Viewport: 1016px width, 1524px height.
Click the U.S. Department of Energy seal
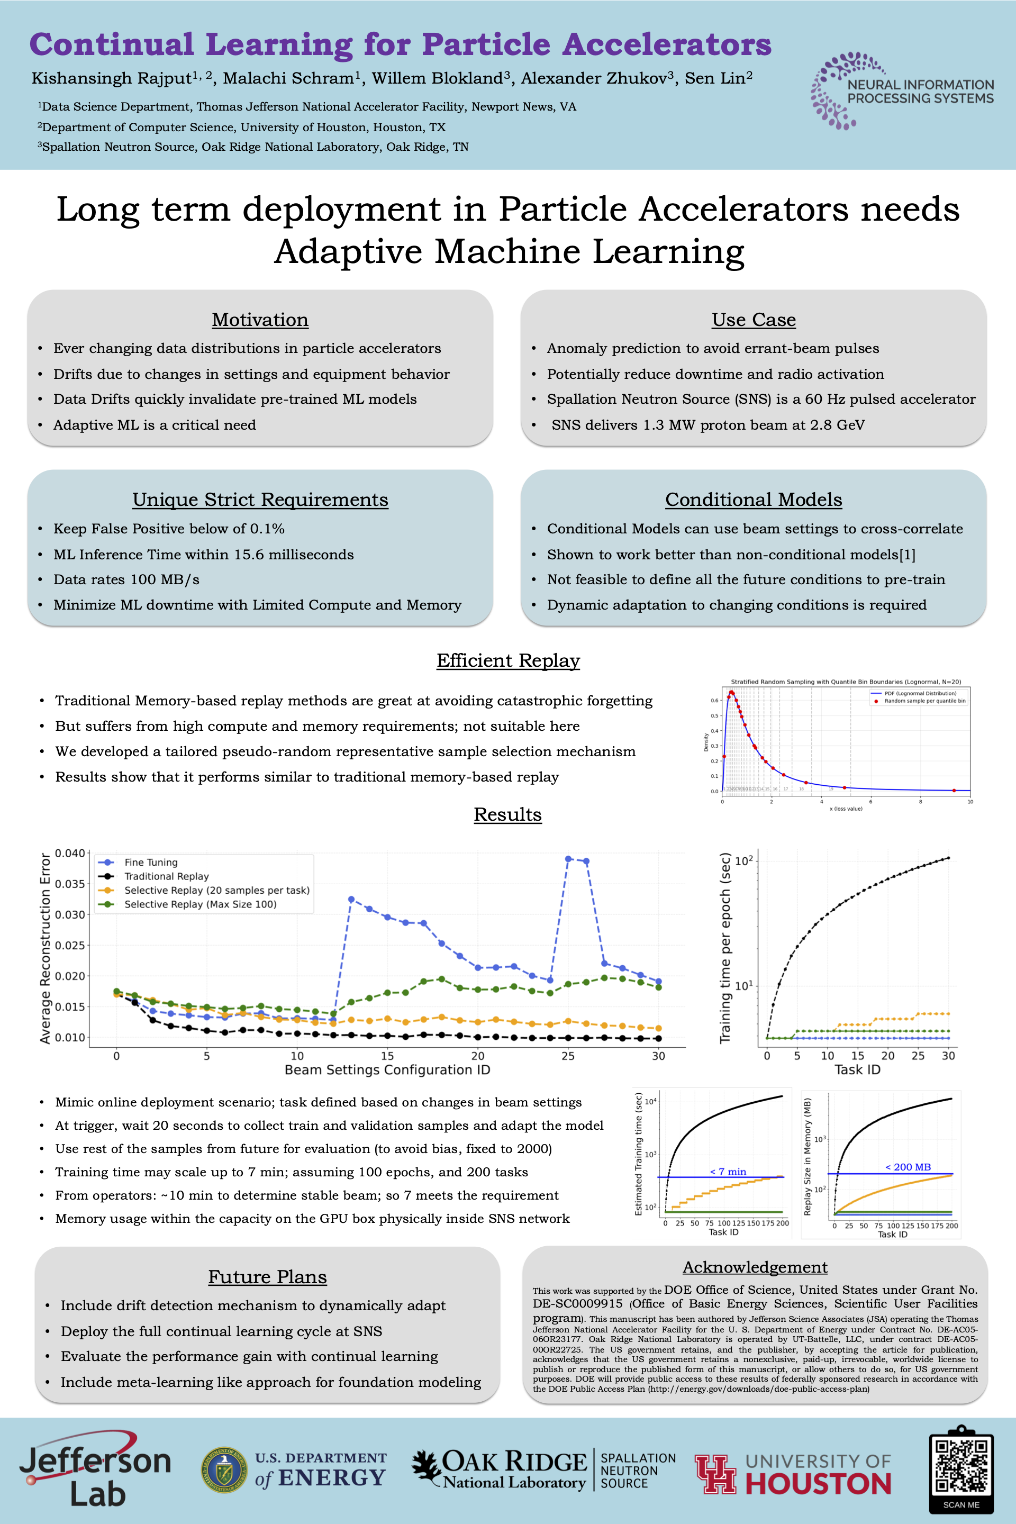tap(223, 1470)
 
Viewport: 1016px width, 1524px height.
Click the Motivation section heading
tap(260, 320)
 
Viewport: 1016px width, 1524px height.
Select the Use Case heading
tap(754, 320)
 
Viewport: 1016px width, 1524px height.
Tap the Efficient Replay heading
tap(508, 660)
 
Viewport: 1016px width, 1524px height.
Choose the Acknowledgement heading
tap(755, 1267)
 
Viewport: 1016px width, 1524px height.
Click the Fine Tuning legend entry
tap(150, 863)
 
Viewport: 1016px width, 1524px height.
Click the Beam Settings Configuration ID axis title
tap(387, 1070)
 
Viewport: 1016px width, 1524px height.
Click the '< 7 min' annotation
tap(728, 1172)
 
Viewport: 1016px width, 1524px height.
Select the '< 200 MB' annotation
tap(908, 1167)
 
